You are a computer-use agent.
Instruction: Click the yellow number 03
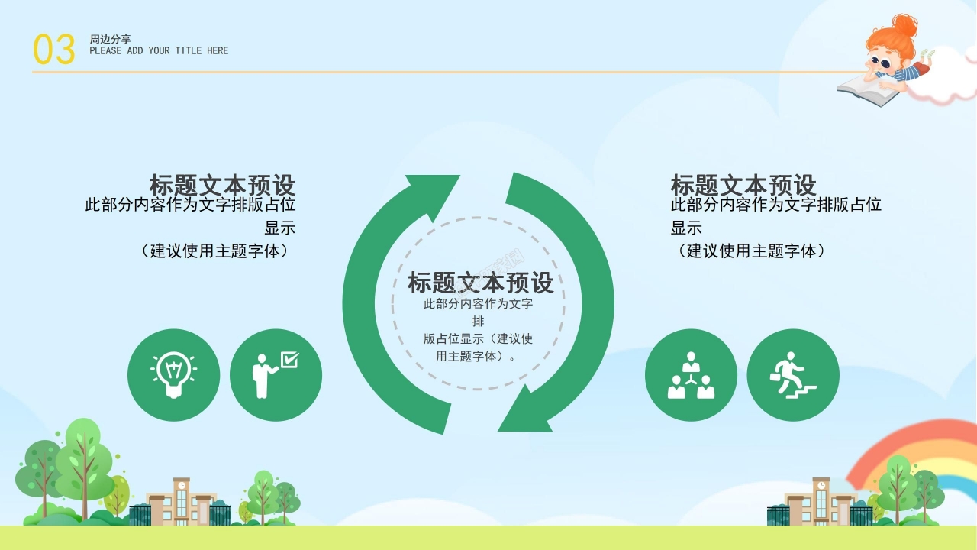coord(53,50)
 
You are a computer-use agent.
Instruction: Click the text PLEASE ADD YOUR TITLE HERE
coord(159,51)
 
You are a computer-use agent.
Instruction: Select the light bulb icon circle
coord(173,375)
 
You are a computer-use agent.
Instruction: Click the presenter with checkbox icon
coord(276,375)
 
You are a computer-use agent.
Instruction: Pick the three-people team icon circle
coord(691,375)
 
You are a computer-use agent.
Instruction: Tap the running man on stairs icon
coord(793,375)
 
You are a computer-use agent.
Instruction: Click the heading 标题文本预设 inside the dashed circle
coord(481,283)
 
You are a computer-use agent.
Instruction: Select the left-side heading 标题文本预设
coord(222,186)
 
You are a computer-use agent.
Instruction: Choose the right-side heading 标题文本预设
coord(743,186)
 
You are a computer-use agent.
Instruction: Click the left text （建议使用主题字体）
coord(215,251)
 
